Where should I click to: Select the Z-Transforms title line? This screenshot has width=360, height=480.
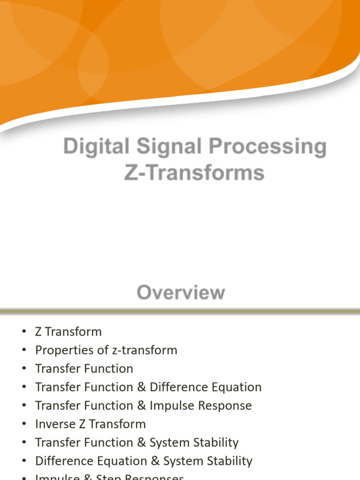(194, 172)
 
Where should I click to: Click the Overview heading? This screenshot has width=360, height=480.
(180, 293)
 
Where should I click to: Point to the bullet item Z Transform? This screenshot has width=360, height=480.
(68, 332)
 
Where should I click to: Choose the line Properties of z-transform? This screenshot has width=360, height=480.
(106, 350)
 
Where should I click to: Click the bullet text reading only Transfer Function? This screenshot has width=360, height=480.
(84, 369)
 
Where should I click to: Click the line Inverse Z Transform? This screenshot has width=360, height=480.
(90, 424)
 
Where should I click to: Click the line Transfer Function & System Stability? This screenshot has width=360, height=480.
(137, 442)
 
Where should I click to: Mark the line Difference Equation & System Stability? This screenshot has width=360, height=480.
(143, 461)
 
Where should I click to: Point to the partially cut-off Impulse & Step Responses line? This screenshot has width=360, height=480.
(109, 477)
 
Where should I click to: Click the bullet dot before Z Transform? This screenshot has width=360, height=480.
(24, 332)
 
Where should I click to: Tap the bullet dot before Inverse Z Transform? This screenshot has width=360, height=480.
(24, 424)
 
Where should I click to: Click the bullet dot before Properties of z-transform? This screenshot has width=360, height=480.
(24, 350)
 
